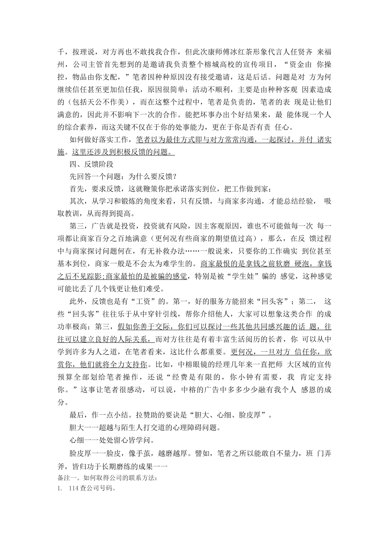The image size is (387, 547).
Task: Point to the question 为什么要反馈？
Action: click(152, 177)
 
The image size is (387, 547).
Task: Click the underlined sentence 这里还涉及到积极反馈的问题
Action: click(122, 152)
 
